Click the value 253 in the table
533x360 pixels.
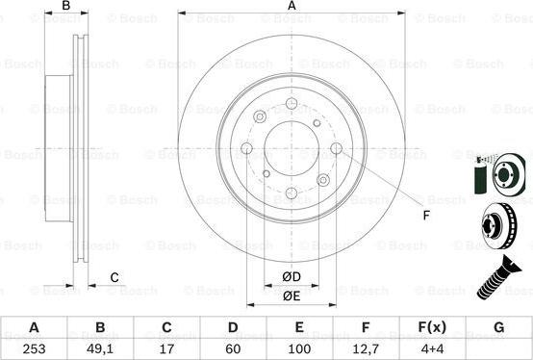[35, 347]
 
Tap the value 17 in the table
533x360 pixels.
[166, 347]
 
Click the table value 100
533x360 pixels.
[299, 347]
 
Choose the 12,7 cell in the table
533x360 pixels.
[366, 347]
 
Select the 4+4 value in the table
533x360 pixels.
[432, 347]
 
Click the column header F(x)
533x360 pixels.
[432, 327]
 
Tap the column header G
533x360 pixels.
[498, 327]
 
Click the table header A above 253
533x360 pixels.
[35, 327]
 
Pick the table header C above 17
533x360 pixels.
[166, 327]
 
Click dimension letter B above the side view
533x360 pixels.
[66, 7]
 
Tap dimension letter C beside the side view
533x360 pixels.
[114, 278]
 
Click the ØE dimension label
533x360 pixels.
[290, 296]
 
